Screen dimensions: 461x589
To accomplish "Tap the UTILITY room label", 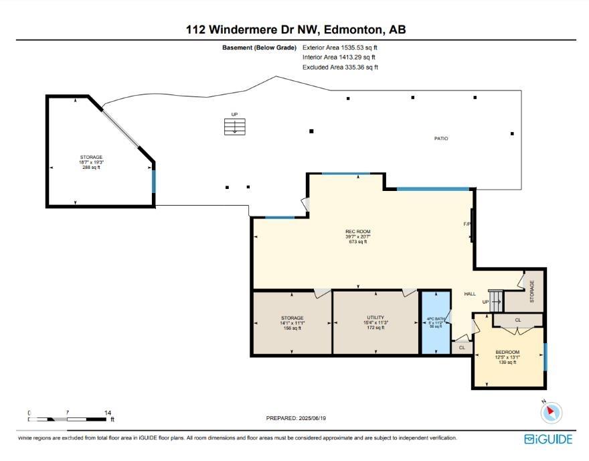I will (375, 317).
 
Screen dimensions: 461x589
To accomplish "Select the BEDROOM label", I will (507, 352).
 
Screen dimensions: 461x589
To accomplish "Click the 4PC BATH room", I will (436, 322).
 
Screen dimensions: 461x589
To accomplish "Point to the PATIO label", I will (440, 139).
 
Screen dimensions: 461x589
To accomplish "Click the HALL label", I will (470, 294).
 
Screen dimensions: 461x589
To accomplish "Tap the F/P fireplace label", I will (467, 224).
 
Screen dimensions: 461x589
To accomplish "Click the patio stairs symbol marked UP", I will (234, 127).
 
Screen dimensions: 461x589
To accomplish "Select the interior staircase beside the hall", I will (495, 300).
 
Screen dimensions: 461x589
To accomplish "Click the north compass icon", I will (551, 412).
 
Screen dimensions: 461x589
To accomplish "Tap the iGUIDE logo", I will (548, 439).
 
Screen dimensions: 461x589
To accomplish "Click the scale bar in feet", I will (67, 419).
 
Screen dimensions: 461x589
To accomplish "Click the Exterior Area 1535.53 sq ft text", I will (344, 48).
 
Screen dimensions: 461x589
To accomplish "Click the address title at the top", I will (295, 29).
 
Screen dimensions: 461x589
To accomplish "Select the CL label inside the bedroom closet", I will (518, 320).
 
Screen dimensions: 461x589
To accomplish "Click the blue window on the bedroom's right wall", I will (545, 356).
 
